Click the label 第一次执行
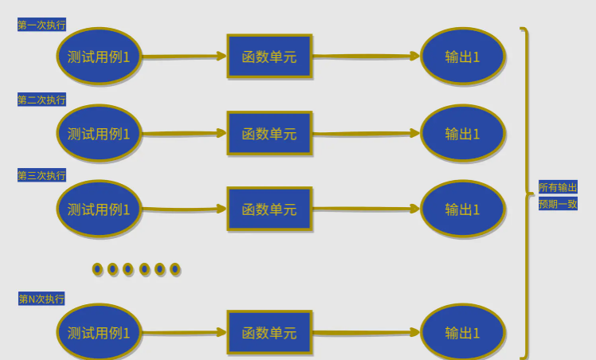(41, 25)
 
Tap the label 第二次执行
(41, 100)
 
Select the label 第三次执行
(41, 175)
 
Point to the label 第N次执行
(41, 299)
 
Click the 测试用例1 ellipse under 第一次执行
(99, 57)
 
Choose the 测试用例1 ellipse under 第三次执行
(99, 209)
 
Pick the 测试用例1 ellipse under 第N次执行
(99, 333)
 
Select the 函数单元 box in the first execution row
(269, 57)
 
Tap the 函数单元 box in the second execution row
(269, 134)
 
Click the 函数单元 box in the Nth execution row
(269, 333)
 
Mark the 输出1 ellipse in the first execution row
(463, 57)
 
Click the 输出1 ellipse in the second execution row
(463, 134)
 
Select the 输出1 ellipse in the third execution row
(463, 209)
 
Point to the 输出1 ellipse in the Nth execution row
(463, 333)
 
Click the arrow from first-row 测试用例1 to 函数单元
(184, 57)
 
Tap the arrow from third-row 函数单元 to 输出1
(366, 209)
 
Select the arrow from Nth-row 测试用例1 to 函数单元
(184, 333)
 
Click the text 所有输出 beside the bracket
(558, 187)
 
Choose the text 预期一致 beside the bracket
(558, 204)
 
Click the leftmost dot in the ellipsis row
(97, 269)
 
